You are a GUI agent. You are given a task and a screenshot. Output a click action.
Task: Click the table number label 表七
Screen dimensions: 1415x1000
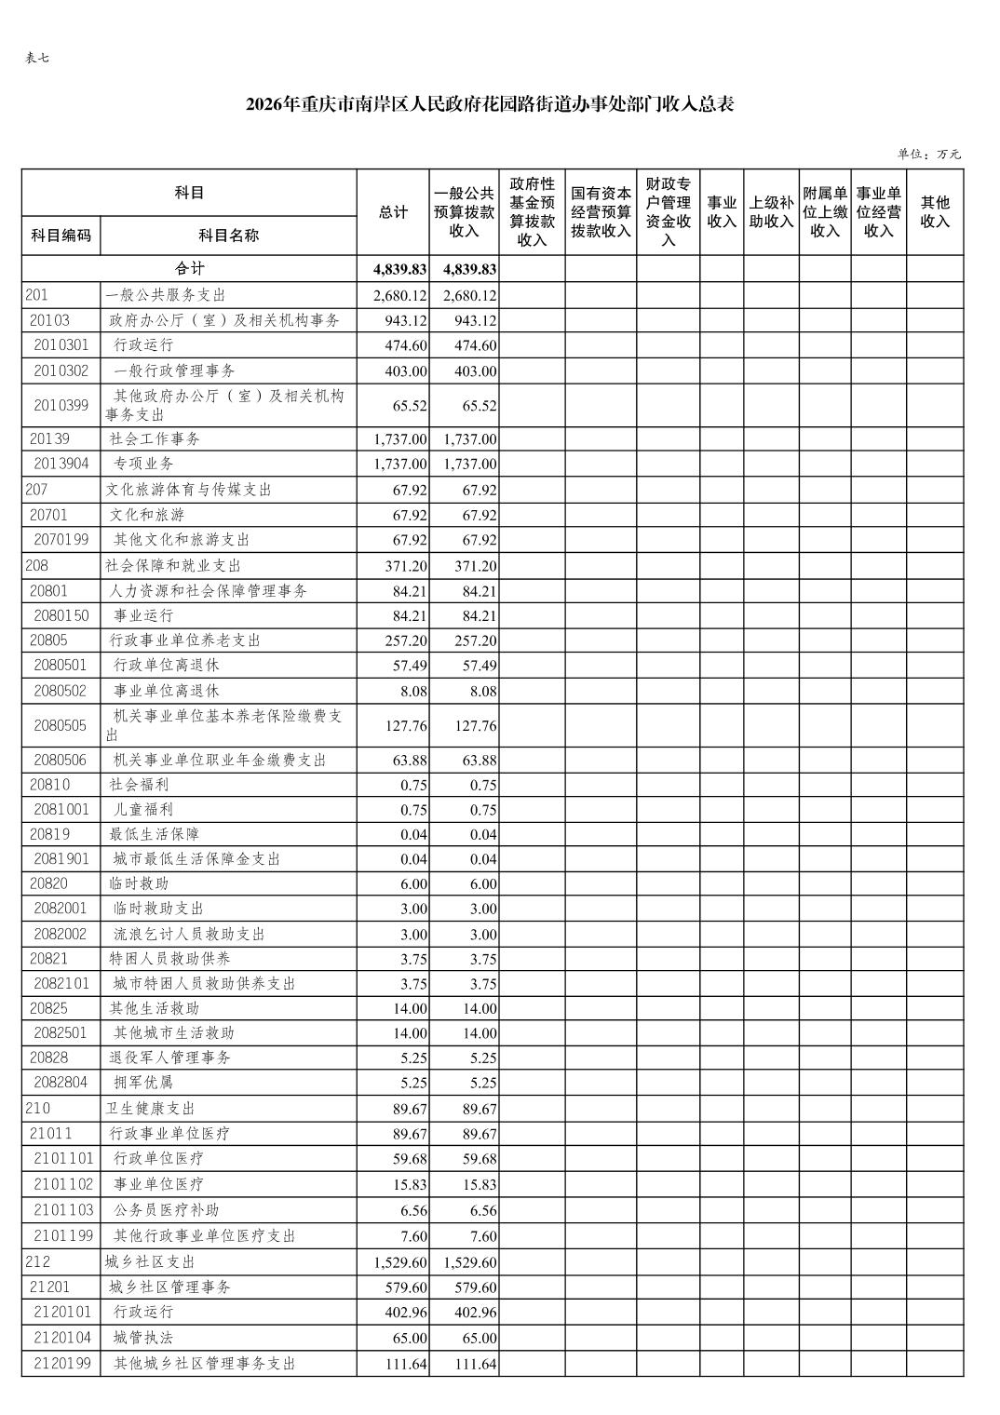[x=37, y=58]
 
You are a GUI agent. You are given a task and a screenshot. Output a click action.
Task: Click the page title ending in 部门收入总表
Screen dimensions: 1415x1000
[x=490, y=104]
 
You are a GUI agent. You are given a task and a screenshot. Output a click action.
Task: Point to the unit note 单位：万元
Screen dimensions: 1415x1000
[x=928, y=154]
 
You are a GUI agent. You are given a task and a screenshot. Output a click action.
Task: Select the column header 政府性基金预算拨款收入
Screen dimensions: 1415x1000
[x=532, y=212]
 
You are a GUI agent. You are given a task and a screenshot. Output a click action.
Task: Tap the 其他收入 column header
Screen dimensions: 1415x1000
[x=934, y=212]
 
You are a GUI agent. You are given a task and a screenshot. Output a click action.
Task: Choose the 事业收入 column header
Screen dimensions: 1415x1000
[x=722, y=212]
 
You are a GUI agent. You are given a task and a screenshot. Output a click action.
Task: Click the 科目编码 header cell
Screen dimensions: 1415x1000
[x=61, y=236]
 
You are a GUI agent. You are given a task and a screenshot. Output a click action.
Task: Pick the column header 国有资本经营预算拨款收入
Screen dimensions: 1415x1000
[x=601, y=212]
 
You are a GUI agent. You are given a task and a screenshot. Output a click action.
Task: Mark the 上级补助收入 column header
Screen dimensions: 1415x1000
[x=771, y=212]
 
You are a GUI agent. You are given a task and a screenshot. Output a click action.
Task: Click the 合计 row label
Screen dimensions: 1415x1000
[x=189, y=269]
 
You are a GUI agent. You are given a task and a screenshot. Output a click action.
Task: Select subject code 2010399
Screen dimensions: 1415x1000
[x=61, y=405]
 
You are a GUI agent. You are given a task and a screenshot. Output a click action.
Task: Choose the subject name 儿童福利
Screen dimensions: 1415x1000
[x=143, y=810]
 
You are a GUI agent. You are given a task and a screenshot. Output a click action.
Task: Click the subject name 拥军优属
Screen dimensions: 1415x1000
[x=143, y=1083]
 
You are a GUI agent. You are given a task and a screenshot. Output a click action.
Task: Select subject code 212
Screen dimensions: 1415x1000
[x=38, y=1262]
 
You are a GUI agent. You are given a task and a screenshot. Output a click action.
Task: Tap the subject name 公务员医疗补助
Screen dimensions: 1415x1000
[x=166, y=1210]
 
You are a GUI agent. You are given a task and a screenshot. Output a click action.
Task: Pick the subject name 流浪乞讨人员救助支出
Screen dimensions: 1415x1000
[x=189, y=934]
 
